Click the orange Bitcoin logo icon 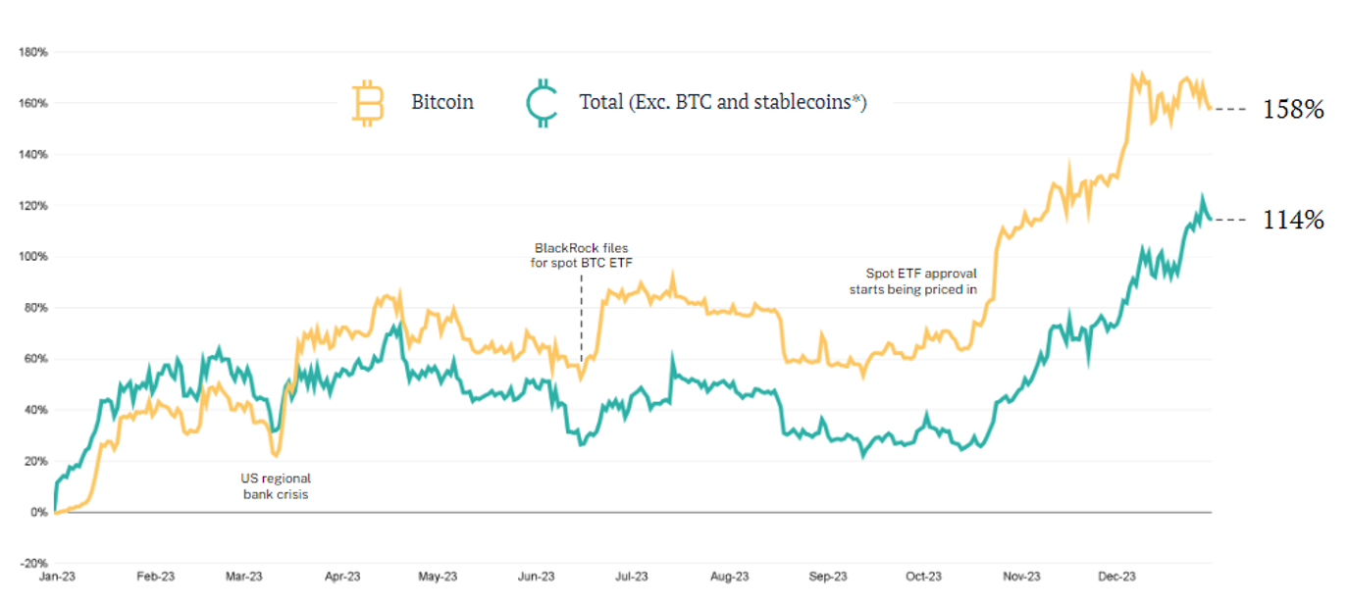point(368,103)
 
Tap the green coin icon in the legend point(541,103)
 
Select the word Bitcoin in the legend point(442,102)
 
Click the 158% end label point(1293,110)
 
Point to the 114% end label point(1293,221)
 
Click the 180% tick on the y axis point(32,52)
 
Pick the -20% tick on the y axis point(32,564)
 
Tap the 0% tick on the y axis point(37,513)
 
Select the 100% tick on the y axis point(32,257)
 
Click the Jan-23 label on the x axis point(57,577)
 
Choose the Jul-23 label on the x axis point(632,577)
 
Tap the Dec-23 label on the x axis point(1116,577)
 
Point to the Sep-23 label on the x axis point(827,577)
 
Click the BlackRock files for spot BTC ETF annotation point(581,256)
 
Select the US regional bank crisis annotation point(276,486)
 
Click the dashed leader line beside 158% point(1232,109)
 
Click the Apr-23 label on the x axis point(341,577)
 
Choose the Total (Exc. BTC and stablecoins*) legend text point(723,102)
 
